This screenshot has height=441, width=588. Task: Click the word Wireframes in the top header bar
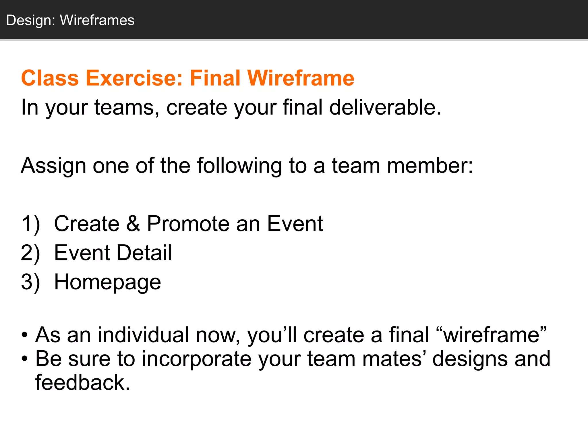click(97, 20)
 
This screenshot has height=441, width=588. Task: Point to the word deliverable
click(385, 107)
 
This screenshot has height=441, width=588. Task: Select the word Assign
click(53, 166)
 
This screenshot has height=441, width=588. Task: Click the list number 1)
click(30, 224)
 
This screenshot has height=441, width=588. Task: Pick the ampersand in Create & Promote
click(133, 224)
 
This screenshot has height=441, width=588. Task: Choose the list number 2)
click(30, 253)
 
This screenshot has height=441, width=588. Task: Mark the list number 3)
click(30, 282)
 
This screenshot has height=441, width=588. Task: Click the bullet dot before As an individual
click(25, 335)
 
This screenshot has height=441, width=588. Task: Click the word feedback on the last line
click(82, 383)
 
